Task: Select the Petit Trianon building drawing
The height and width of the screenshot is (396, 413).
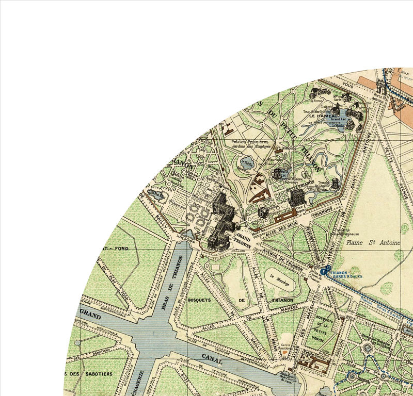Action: click(296, 197)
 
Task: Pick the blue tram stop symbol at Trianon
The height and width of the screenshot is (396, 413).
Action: click(324, 270)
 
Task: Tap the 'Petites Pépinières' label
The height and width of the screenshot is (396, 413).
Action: click(250, 141)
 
